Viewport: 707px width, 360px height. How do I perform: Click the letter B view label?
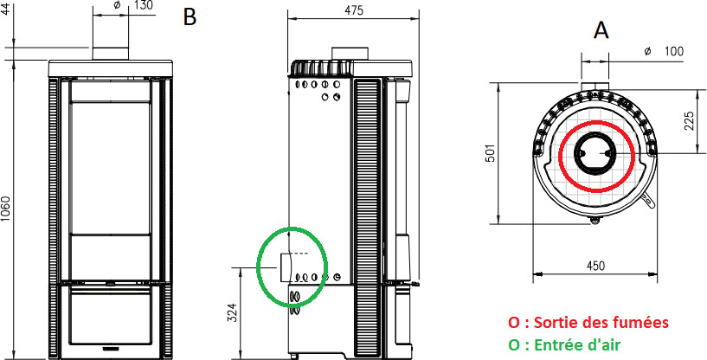point(190,17)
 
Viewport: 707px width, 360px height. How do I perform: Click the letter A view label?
point(601,30)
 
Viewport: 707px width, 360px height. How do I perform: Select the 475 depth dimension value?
point(354,10)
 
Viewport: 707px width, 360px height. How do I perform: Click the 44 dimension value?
point(5,8)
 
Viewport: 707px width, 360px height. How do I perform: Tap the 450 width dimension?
point(595,267)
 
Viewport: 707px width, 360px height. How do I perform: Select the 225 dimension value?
point(689,121)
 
